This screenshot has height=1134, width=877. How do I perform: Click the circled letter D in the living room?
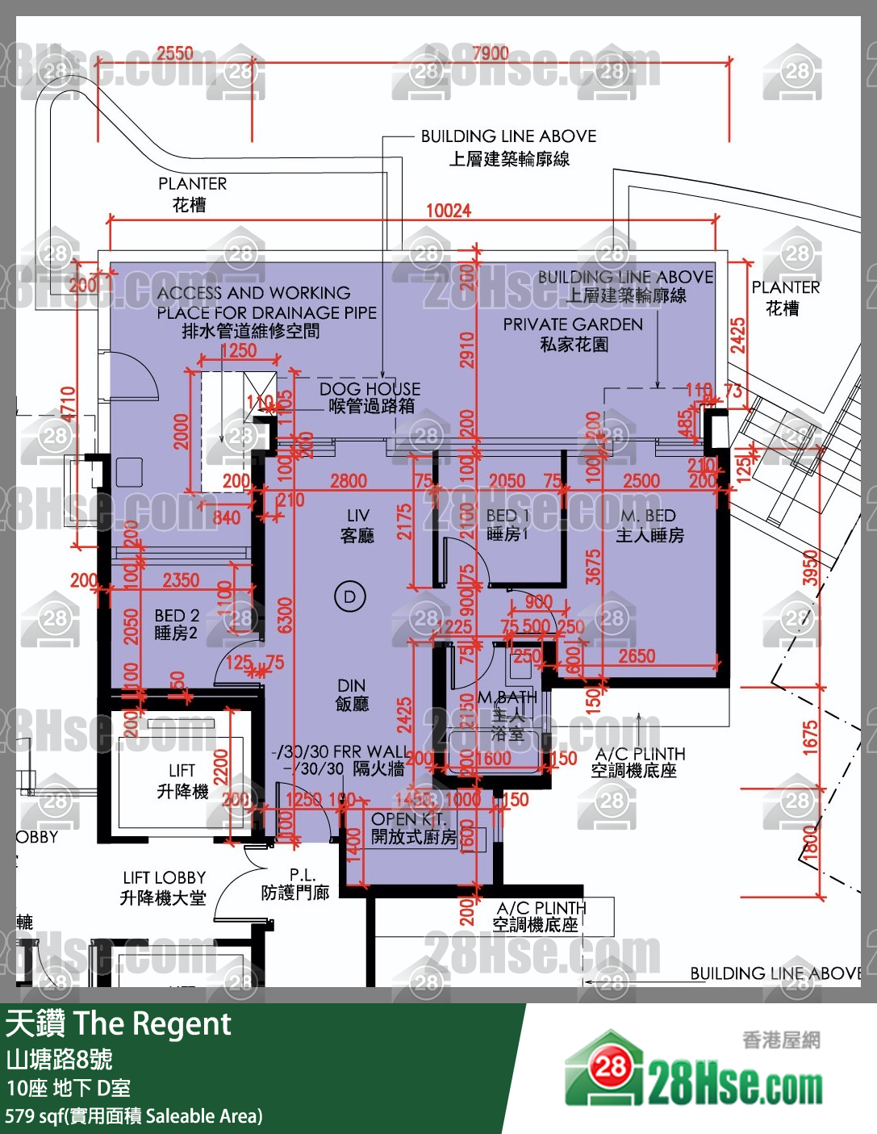(x=350, y=597)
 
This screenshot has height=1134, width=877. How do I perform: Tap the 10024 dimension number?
(x=449, y=211)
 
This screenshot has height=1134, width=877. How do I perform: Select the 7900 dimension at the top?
(x=491, y=53)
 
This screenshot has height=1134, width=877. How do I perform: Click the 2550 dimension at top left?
(x=175, y=53)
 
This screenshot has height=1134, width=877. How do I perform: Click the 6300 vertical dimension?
(x=285, y=615)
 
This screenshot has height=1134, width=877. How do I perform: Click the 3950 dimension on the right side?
(x=810, y=567)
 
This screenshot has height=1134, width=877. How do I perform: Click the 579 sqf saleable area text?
(x=134, y=1116)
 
